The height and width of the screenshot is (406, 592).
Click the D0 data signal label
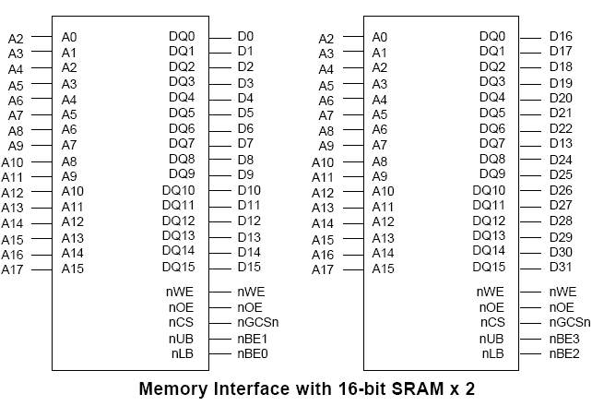pos(245,37)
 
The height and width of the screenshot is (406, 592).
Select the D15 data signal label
pos(249,268)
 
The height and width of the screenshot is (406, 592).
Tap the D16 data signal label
pos(561,37)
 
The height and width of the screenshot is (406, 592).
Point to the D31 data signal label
pos(561,268)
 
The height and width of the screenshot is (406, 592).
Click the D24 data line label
pos(561,160)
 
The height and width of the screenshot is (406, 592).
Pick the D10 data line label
pos(249,190)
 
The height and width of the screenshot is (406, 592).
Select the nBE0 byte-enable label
pos(252,353)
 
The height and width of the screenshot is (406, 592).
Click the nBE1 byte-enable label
pos(252,338)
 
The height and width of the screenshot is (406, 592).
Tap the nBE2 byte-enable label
pos(564,353)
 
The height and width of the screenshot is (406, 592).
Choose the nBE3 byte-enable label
pos(564,338)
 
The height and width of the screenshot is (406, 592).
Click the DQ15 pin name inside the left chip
pos(179,268)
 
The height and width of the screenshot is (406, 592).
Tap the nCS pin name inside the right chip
pos(491,322)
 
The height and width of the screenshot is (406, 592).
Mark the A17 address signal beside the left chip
pos(12,269)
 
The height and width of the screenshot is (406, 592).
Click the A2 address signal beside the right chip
pos(326,39)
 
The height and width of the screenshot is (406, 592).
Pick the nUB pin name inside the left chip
pos(182,338)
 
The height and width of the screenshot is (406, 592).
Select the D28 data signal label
pos(561,221)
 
